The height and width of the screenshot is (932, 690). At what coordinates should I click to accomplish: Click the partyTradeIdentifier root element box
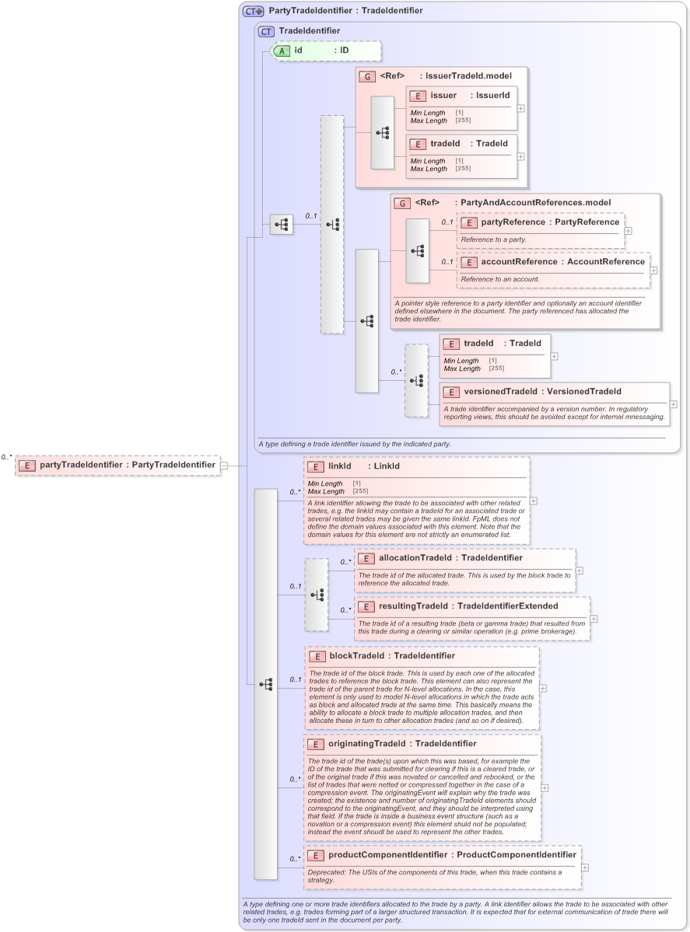[x=117, y=465]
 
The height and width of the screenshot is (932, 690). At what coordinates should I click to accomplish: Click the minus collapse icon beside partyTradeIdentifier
[x=224, y=466]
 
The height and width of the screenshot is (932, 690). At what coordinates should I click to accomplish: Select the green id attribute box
[x=326, y=51]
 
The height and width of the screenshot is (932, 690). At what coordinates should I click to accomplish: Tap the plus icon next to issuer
[x=521, y=108]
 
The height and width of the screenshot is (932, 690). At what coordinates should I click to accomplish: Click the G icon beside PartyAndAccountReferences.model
[x=403, y=203]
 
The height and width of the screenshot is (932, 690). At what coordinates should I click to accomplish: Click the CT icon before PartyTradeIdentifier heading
[x=253, y=11]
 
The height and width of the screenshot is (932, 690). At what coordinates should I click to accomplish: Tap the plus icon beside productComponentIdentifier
[x=585, y=867]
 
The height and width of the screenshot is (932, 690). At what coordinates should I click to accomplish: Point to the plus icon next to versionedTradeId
[x=674, y=404]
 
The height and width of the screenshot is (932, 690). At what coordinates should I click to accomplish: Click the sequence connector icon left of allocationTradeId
[x=317, y=595]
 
